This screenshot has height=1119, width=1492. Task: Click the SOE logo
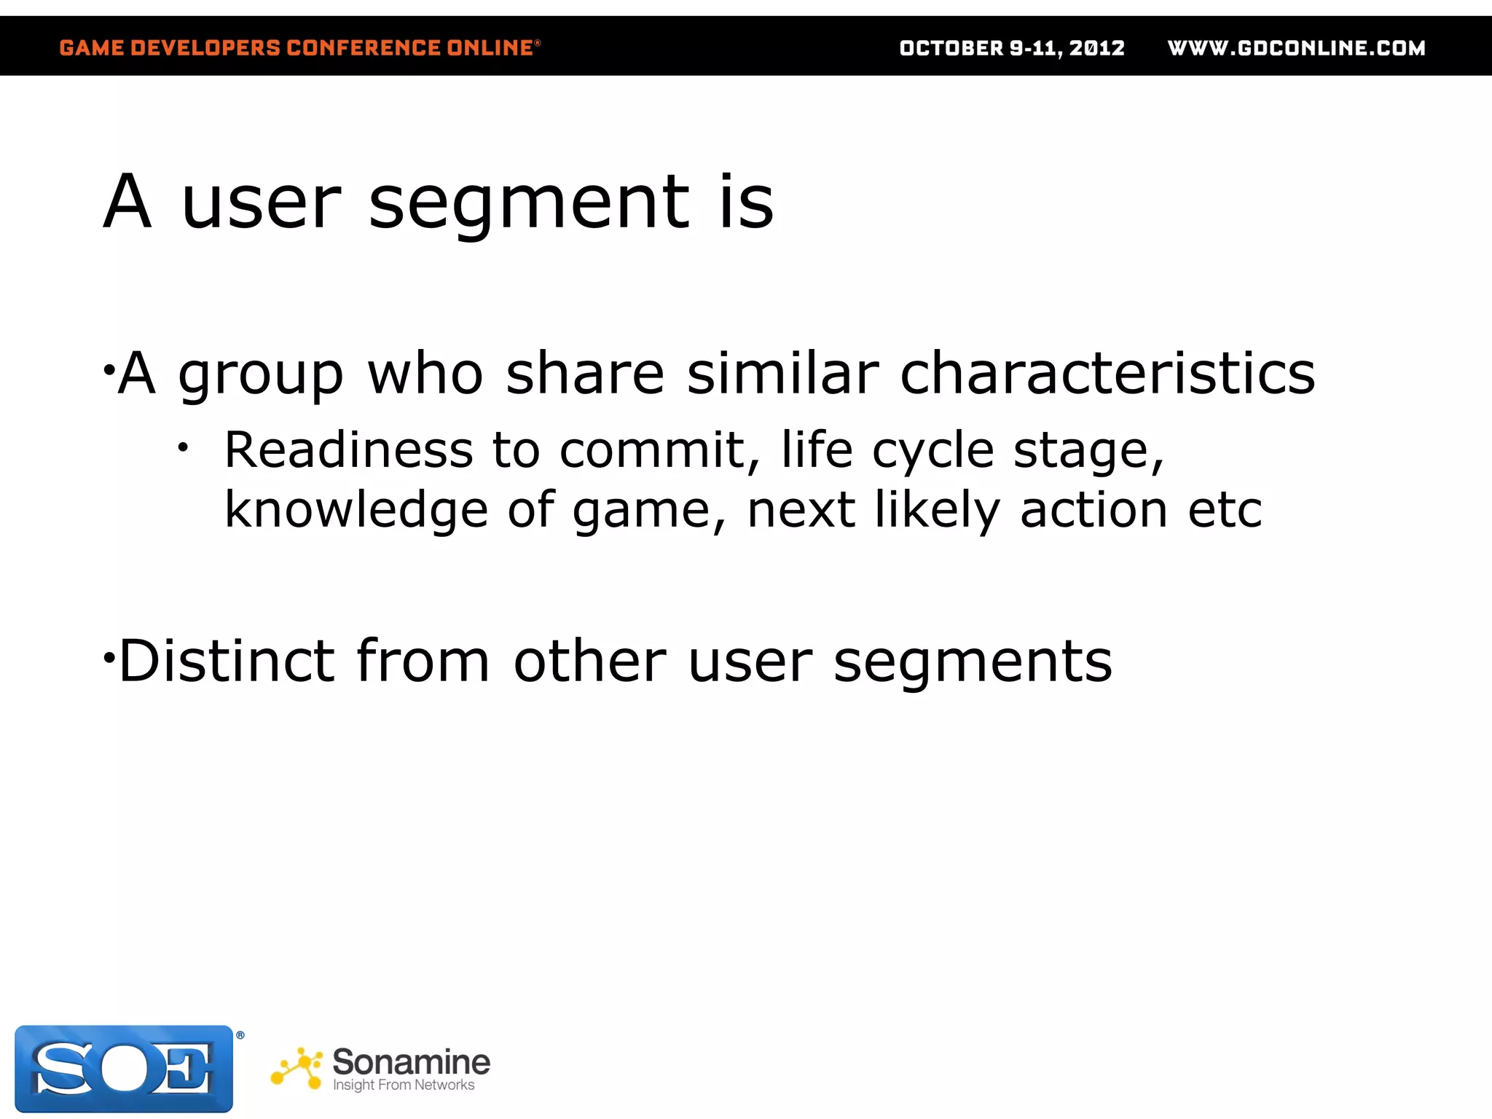[x=124, y=1069]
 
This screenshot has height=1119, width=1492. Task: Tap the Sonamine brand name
[x=411, y=1061]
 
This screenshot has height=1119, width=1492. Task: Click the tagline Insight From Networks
[x=404, y=1085]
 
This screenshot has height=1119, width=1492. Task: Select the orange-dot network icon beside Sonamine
[x=297, y=1069]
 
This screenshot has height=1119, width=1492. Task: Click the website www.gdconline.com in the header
[x=1296, y=48]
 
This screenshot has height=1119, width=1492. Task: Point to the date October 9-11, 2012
[x=1012, y=48]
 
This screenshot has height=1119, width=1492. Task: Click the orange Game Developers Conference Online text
[x=299, y=48]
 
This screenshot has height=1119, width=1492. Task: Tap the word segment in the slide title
[x=530, y=204]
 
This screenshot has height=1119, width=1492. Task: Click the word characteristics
[x=1107, y=373]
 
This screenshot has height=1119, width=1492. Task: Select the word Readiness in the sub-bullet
[x=348, y=450]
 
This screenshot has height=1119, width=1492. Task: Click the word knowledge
[x=356, y=510]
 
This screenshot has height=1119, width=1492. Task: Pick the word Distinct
[x=227, y=661]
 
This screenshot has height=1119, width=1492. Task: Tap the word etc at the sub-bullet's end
[x=1225, y=510]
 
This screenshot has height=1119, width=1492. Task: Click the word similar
[x=783, y=373]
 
